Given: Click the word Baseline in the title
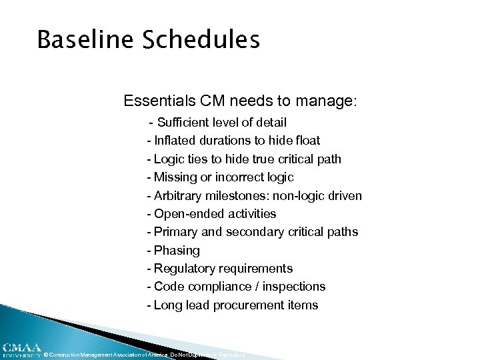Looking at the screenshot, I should (x=73, y=40).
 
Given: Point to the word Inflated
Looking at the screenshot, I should (x=175, y=141).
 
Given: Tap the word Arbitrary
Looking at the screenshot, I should (x=179, y=195).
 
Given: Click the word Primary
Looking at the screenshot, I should (x=175, y=232).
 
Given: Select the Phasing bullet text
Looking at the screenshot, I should (x=177, y=251).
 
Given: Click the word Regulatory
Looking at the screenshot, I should (x=183, y=269).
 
